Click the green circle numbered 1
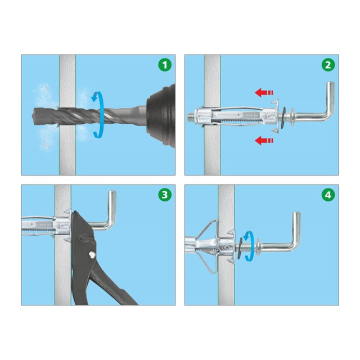point(165,65)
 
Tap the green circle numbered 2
point(328,65)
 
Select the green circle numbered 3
point(165,195)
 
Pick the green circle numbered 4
point(328,195)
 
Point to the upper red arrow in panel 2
point(264,92)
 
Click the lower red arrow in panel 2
point(264,141)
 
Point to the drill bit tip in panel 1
point(35,116)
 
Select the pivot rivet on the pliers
point(92,255)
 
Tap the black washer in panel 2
point(283,118)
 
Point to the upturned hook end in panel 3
point(112,202)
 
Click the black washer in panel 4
point(240,249)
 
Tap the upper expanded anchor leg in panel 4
point(206,229)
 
